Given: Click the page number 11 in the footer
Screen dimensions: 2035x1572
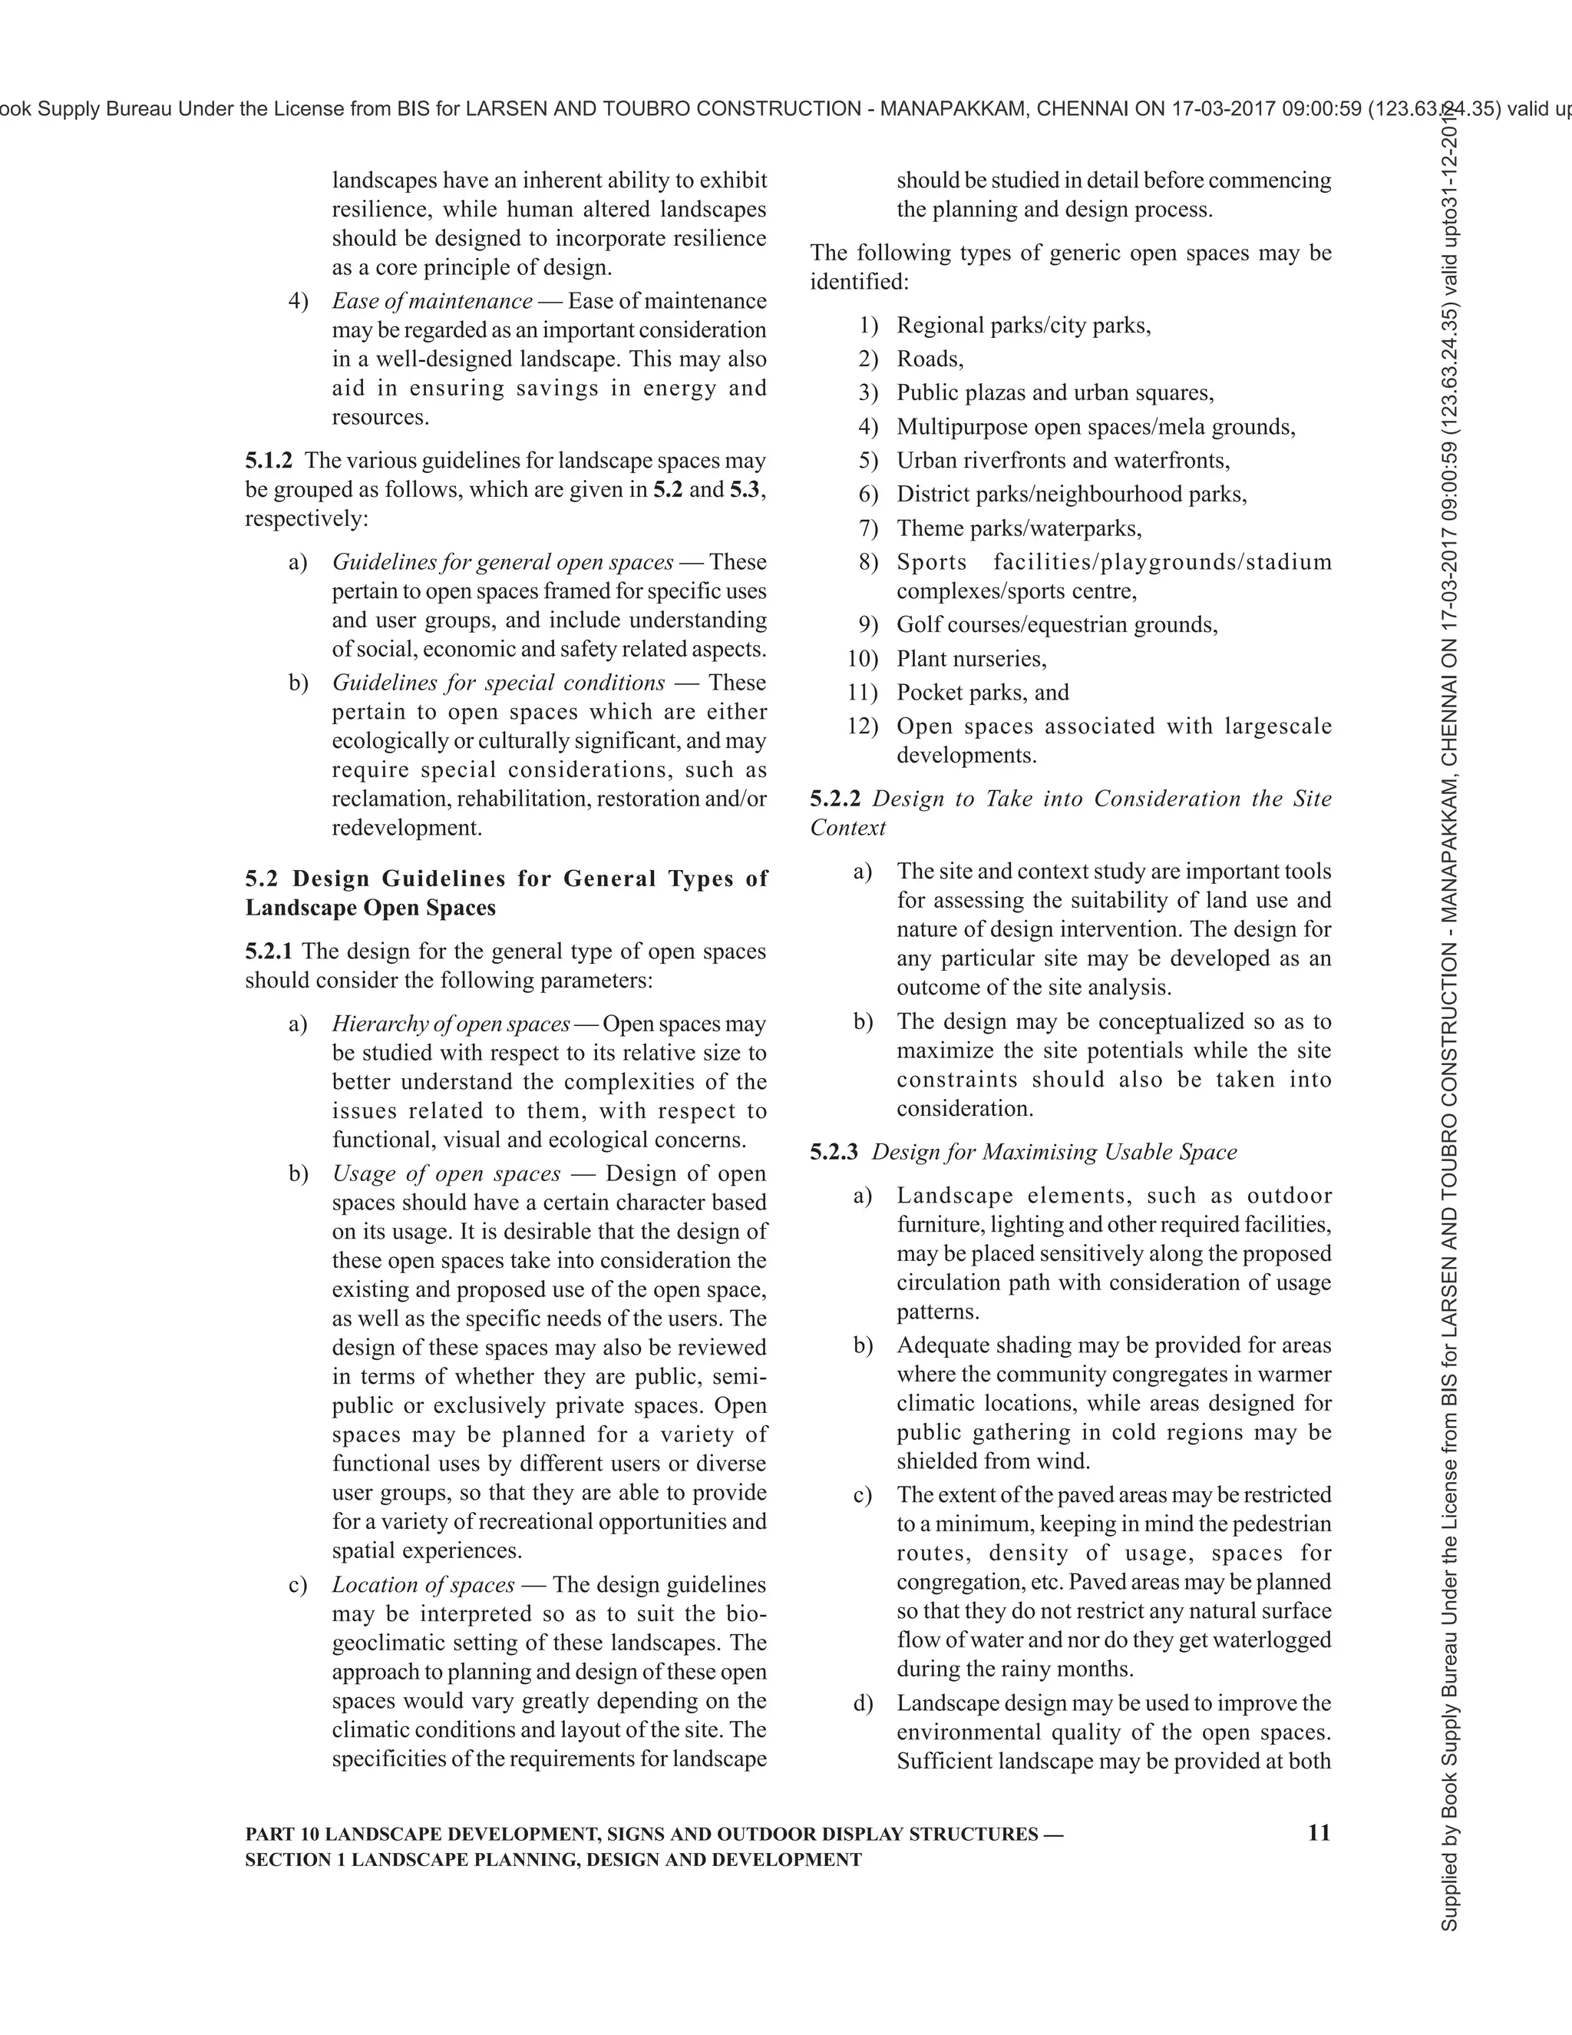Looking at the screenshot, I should (x=1319, y=1833).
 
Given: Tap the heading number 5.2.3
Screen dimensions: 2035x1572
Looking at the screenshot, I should (x=834, y=1152).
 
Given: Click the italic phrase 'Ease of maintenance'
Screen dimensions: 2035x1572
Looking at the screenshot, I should (x=432, y=301).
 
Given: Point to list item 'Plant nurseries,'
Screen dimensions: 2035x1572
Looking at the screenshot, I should (x=971, y=659).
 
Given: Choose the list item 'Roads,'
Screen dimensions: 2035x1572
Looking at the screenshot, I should (x=930, y=359).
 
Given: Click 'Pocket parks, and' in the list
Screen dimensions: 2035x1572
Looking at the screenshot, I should (x=982, y=693).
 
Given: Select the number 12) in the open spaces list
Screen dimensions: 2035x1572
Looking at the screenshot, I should (x=862, y=726).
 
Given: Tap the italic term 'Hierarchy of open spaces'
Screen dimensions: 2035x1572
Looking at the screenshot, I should (x=451, y=1023).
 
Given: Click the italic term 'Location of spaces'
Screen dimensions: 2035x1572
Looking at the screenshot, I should (x=423, y=1584).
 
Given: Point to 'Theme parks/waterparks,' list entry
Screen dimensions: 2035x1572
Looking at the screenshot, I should (x=1019, y=528).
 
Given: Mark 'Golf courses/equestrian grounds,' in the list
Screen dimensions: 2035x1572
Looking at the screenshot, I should (x=1057, y=624).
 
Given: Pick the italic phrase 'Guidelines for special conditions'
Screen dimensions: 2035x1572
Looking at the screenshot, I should (x=498, y=682).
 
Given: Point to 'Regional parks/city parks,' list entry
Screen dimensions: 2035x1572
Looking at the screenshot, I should (x=1023, y=325).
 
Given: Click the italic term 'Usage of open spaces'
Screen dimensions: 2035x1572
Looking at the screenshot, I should (x=446, y=1173).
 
